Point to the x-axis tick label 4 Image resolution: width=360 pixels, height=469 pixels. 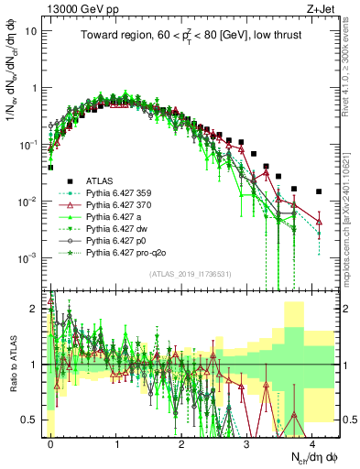312,441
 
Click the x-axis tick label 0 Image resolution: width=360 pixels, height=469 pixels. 50,441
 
